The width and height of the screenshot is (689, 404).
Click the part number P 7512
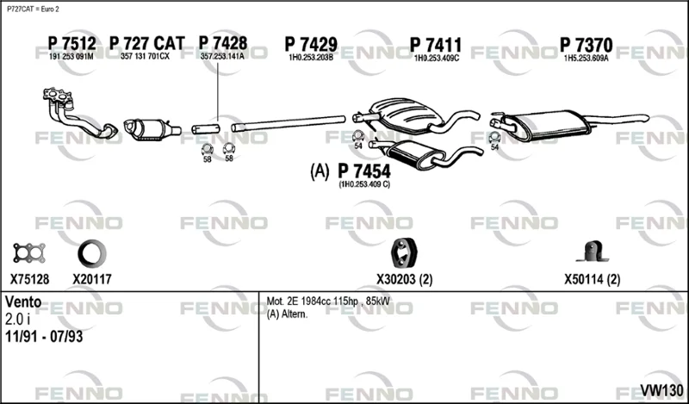(x=71, y=43)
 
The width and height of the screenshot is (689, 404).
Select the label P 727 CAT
(x=146, y=43)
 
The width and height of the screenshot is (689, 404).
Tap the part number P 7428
(x=223, y=43)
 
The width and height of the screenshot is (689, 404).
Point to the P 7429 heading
(x=311, y=45)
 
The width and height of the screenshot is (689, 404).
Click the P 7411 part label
(x=436, y=45)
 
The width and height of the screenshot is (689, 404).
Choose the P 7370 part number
(x=586, y=45)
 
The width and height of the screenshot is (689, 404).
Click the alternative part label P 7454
(x=363, y=171)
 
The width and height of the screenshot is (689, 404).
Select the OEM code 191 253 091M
(x=71, y=56)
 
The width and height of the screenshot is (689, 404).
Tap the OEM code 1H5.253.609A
(x=587, y=58)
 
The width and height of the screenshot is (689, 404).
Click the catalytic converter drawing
(x=152, y=129)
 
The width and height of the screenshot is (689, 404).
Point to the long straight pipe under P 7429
(x=289, y=123)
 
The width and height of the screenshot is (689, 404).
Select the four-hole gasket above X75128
(x=29, y=253)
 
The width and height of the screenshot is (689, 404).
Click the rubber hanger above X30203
(x=404, y=252)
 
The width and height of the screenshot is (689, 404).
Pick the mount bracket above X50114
(x=593, y=252)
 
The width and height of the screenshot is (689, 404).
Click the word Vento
(x=23, y=302)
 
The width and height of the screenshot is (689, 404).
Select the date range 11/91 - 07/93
(x=44, y=337)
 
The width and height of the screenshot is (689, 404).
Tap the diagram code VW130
(x=661, y=390)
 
